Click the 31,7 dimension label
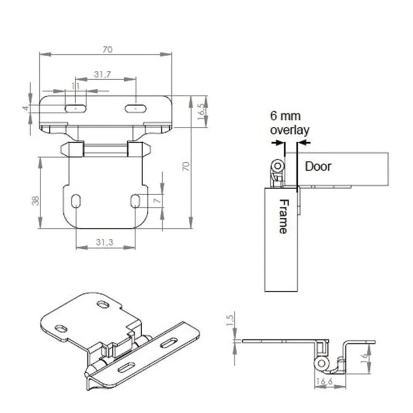[x=102, y=75]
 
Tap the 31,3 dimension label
[x=105, y=242]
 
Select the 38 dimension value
[x=35, y=201]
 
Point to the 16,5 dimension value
[x=201, y=111]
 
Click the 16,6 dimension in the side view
[x=324, y=381]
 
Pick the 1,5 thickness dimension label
[x=230, y=320]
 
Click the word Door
[x=318, y=167]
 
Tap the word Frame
[x=283, y=216]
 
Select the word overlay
[x=290, y=130]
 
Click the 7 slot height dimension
[x=157, y=201]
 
